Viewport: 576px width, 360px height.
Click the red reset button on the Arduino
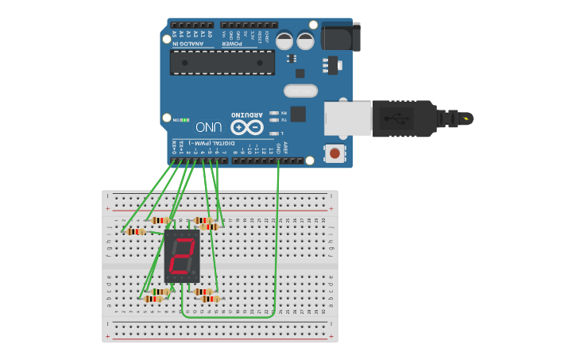pos(335,153)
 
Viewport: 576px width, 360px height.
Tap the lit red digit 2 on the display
pos(182,256)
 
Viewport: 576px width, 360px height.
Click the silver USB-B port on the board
pos(348,117)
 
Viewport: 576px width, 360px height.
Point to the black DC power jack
pos(341,36)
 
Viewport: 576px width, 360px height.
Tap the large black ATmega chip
pos(222,62)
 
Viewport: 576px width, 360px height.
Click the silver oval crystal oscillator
pos(300,91)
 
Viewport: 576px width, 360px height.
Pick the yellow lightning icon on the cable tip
pos(466,118)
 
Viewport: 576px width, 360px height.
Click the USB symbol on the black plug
pos(396,118)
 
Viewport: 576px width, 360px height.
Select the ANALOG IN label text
pos(187,42)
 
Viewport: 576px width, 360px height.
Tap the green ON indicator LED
pos(184,120)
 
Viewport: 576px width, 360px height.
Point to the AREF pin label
pos(285,147)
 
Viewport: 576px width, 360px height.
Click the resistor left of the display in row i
pos(136,231)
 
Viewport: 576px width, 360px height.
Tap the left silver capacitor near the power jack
pos(284,40)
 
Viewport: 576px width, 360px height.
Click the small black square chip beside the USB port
pos(298,114)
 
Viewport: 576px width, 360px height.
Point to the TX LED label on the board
pos(283,120)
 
